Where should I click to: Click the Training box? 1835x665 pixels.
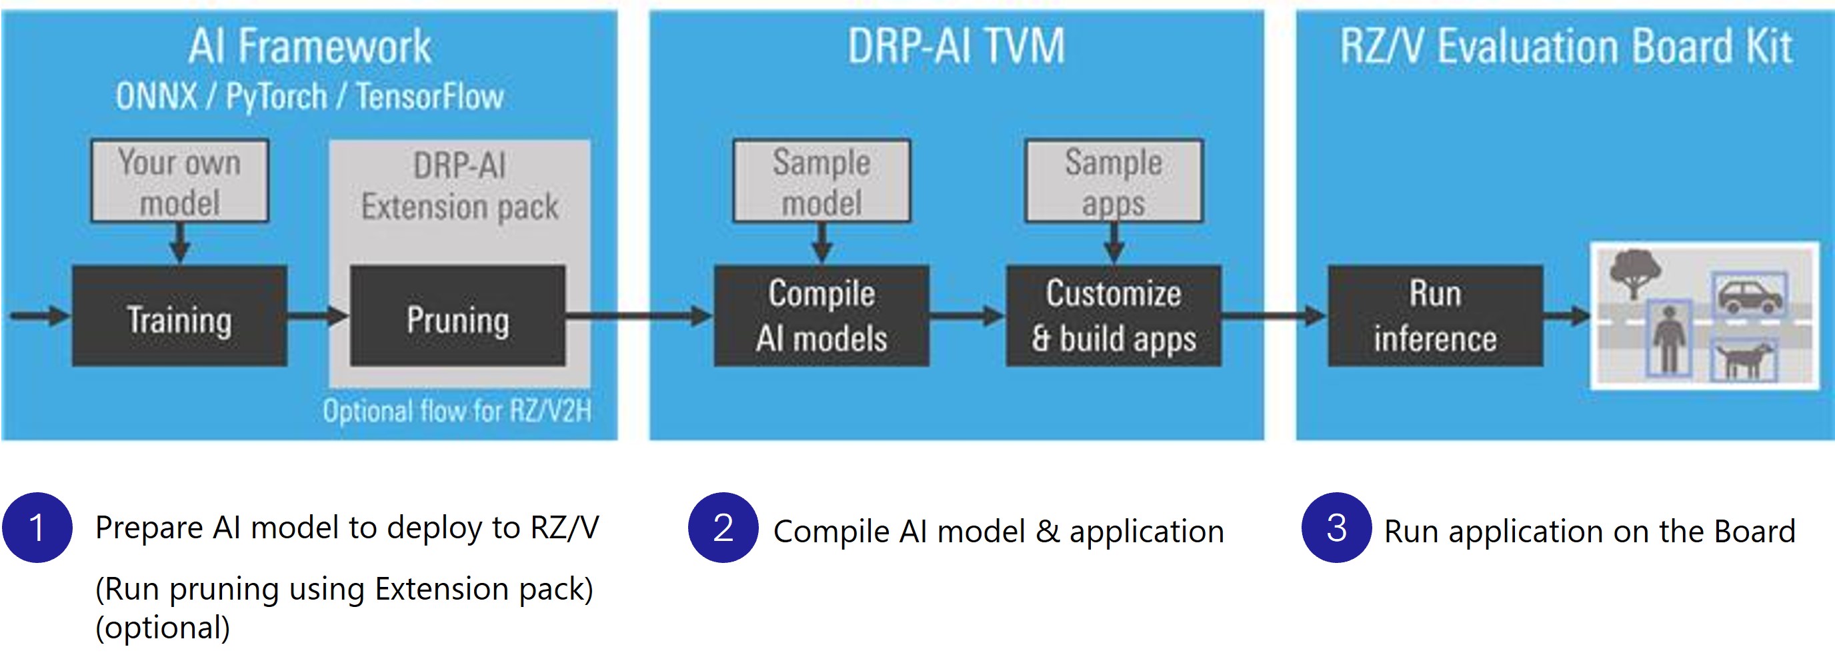pyautogui.click(x=179, y=316)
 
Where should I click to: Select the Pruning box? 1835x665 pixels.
pyautogui.click(x=457, y=316)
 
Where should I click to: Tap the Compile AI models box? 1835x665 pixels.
pyautogui.click(x=821, y=316)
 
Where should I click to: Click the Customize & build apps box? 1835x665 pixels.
pyautogui.click(x=1114, y=316)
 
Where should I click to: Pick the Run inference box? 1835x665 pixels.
pyautogui.click(x=1435, y=316)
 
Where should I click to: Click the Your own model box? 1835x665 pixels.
pyautogui.click(x=179, y=181)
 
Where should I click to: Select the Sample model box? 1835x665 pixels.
pyautogui.click(x=821, y=181)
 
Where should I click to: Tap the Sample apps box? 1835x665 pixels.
pyautogui.click(x=1114, y=181)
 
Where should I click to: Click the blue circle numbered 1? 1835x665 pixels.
pyautogui.click(x=37, y=528)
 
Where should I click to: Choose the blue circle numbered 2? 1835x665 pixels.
pyautogui.click(x=722, y=528)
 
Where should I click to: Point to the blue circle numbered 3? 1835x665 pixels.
pyautogui.click(x=1336, y=528)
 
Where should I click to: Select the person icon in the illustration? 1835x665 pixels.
pyautogui.click(x=1669, y=339)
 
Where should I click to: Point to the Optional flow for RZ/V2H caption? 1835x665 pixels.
pyautogui.click(x=457, y=412)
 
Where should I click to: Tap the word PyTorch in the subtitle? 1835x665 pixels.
pyautogui.click(x=277, y=96)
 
